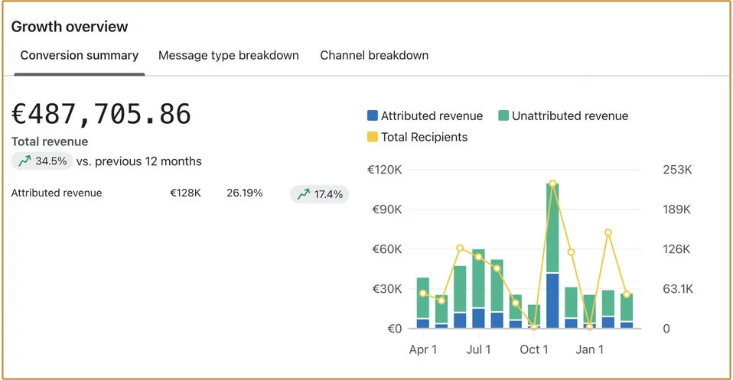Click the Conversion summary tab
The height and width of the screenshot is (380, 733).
[80, 55]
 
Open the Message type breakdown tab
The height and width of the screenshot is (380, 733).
[229, 55]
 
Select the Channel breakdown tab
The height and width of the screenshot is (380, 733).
[374, 55]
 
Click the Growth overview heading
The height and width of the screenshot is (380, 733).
[69, 27]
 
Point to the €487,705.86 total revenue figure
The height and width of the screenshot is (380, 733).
[101, 114]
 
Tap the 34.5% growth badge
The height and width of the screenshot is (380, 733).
[42, 161]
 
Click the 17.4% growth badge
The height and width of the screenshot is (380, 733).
[320, 194]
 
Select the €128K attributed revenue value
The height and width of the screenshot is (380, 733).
[186, 193]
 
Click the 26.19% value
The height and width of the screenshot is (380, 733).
[245, 193]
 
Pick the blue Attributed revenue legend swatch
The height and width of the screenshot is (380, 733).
[373, 115]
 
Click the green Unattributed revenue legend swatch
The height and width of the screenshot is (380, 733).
[503, 115]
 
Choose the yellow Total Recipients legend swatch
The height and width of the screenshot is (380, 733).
[373, 137]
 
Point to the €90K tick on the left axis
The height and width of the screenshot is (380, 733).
[387, 209]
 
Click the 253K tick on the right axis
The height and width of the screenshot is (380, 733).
[677, 170]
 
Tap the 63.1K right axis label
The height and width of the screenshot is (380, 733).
[678, 289]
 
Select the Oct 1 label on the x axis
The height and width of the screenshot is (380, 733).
[534, 349]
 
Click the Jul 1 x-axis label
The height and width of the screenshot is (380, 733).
[479, 349]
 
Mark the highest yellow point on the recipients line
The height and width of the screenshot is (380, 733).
[552, 184]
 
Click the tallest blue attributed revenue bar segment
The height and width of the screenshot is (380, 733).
[552, 300]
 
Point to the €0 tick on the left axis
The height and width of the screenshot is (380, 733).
[395, 329]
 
